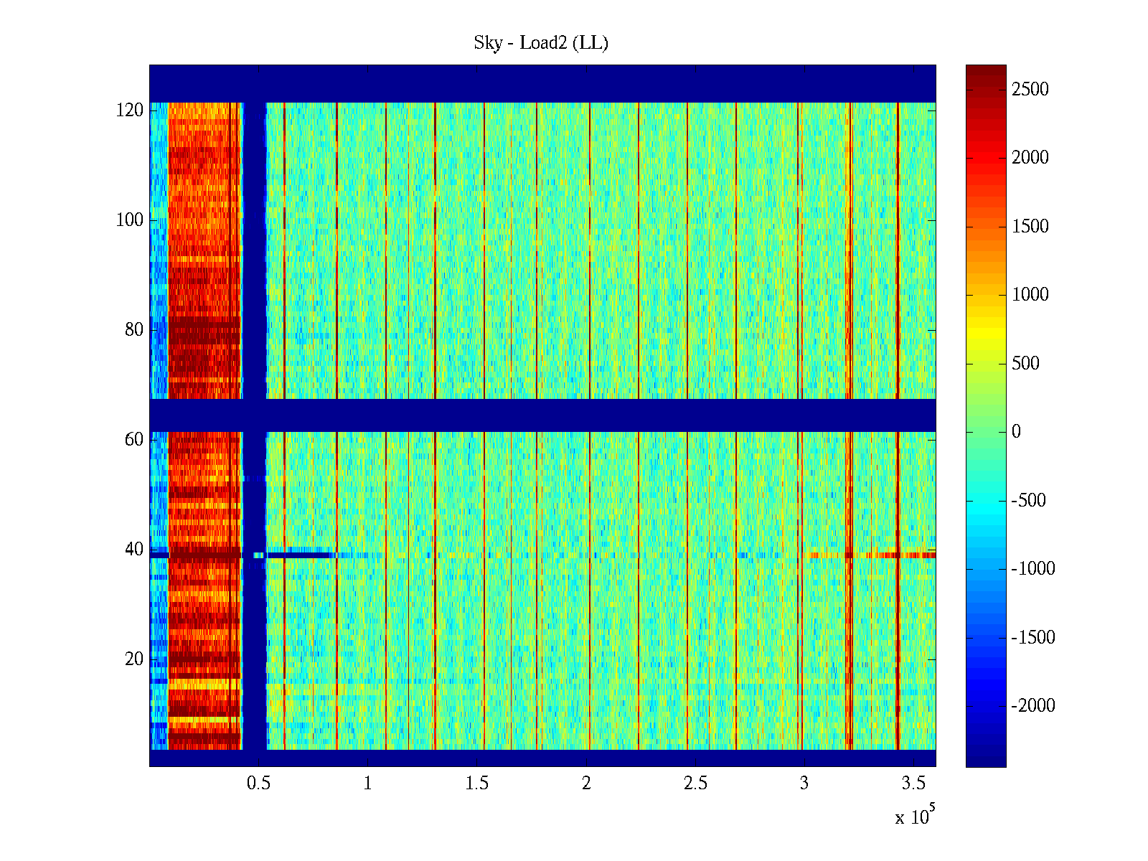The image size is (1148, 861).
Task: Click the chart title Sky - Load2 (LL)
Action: (x=541, y=43)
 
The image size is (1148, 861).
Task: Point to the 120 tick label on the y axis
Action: (x=130, y=110)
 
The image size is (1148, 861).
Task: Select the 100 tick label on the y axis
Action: (x=130, y=220)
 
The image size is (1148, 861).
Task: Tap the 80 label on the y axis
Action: (x=134, y=330)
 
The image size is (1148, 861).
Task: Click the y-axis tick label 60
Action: (x=134, y=440)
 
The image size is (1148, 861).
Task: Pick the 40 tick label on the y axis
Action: (x=134, y=550)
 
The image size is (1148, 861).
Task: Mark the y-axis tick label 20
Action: (x=134, y=659)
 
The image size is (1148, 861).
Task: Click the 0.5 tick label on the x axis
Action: (x=258, y=784)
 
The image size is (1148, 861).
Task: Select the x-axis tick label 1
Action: (x=367, y=784)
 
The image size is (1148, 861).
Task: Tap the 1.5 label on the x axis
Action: (x=476, y=784)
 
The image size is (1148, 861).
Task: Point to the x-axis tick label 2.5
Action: (x=695, y=784)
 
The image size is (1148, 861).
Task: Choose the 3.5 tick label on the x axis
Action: (x=913, y=784)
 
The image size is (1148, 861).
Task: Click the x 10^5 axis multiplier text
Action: (x=914, y=817)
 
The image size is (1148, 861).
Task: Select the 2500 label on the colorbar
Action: (x=1030, y=90)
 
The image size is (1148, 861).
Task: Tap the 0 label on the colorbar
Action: (x=1016, y=432)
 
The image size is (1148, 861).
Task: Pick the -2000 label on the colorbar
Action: (x=1033, y=706)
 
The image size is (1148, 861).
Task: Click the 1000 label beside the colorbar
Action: (x=1030, y=295)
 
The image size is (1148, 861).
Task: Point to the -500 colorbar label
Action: (x=1029, y=501)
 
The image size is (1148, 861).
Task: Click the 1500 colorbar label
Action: (x=1030, y=227)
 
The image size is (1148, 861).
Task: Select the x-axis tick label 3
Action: (x=804, y=784)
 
